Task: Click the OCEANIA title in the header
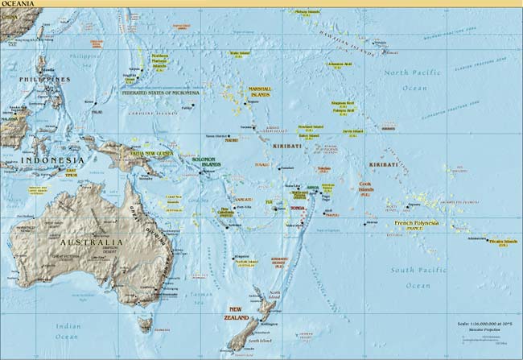[x=17, y=4]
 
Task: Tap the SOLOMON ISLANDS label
[x=208, y=161]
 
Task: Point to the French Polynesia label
[x=417, y=222]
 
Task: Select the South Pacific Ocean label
[x=418, y=278]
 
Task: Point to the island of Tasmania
[x=145, y=325]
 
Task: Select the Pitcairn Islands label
[x=503, y=241]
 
